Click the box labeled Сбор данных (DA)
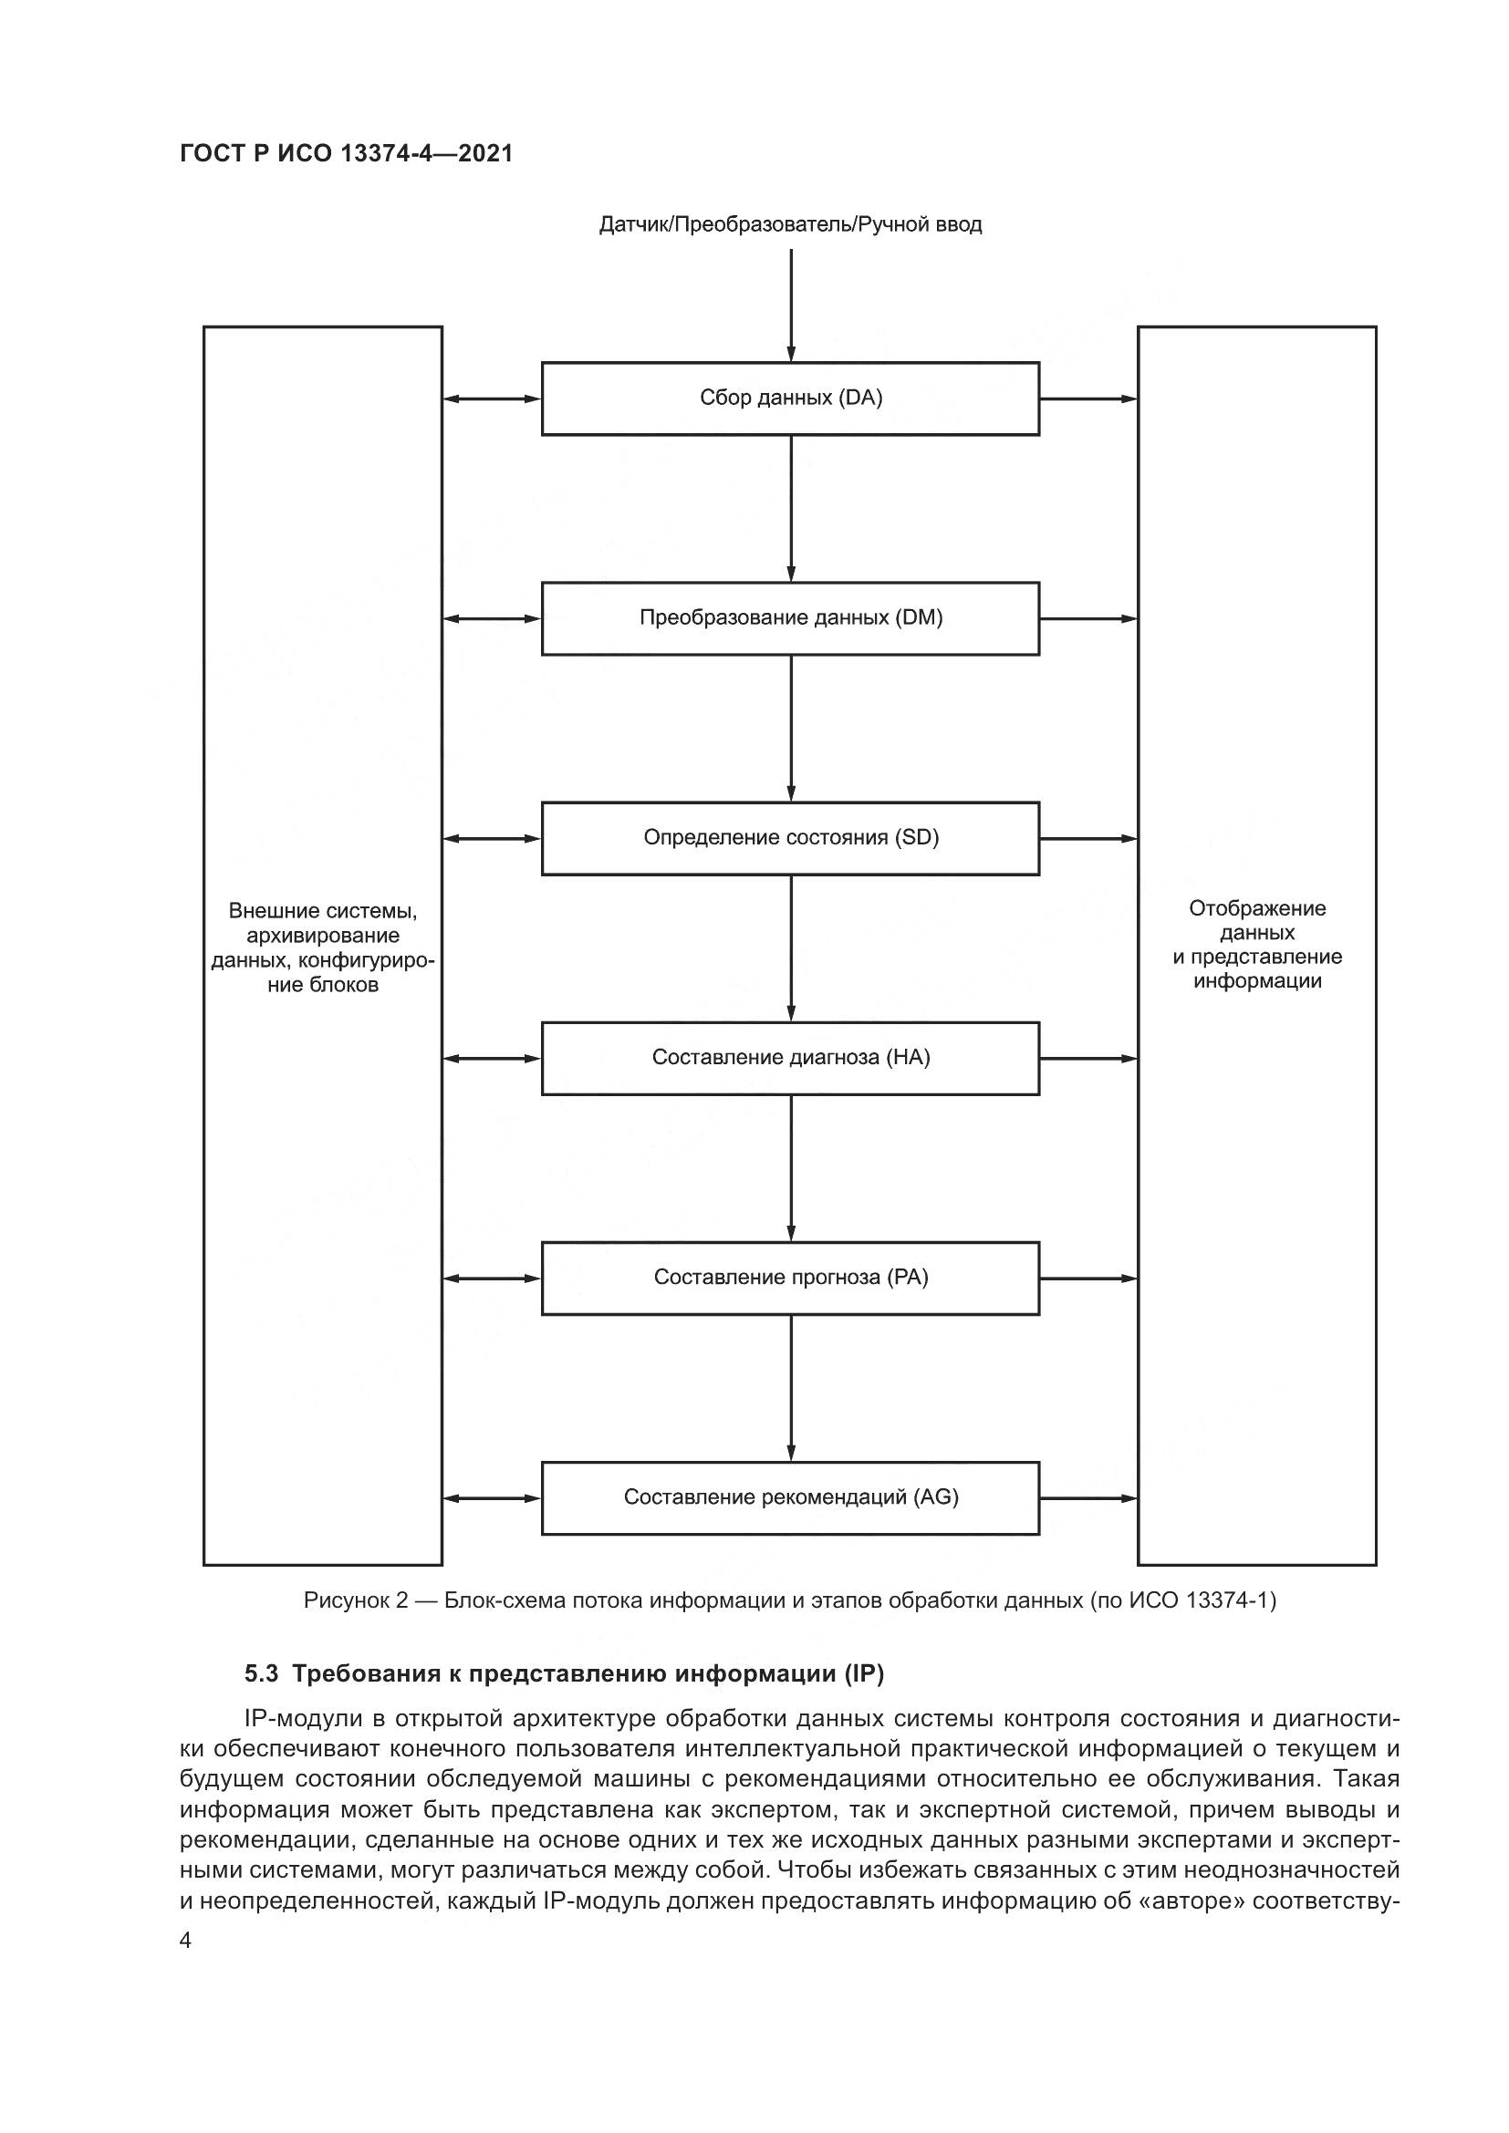pos(790,399)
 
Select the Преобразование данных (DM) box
pos(790,618)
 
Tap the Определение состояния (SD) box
pos(790,838)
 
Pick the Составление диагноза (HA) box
pos(790,1058)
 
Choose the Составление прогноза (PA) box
pos(790,1279)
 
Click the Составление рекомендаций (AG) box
pos(790,1497)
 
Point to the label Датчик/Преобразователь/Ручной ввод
pos(790,225)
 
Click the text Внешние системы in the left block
pos(322,910)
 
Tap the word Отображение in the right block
pos(1257,908)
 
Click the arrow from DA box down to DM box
pos(791,508)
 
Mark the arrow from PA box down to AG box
pos(791,1388)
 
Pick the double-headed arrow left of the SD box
pos(492,839)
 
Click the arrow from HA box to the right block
pos(1088,1058)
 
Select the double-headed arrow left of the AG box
pos(492,1498)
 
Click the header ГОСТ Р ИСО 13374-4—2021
pos(346,153)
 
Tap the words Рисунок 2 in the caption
pos(356,1600)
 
